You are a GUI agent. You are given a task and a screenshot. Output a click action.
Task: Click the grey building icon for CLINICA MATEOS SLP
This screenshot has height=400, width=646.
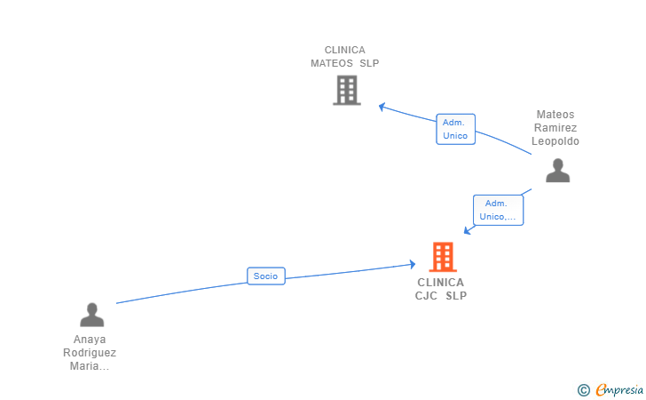tap(347, 90)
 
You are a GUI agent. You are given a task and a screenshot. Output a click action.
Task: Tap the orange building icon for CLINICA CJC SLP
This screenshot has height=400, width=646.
tap(442, 257)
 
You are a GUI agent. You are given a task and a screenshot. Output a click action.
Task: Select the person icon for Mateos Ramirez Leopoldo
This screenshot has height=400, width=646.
tap(557, 170)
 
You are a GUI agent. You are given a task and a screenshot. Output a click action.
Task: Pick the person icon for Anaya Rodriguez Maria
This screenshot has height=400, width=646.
tap(91, 315)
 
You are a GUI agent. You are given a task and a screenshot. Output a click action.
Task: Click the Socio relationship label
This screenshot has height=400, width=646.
tap(265, 276)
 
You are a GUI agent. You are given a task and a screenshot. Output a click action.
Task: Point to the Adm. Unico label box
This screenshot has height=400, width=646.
tap(455, 129)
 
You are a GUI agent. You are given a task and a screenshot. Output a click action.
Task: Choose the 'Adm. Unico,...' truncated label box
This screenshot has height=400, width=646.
tap(498, 210)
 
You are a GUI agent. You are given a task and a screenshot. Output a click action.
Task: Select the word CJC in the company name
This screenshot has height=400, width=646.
tap(427, 296)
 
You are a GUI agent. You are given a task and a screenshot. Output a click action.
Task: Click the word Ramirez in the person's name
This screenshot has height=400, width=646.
tap(556, 128)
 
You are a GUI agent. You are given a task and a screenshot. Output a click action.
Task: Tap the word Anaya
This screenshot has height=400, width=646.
tap(90, 340)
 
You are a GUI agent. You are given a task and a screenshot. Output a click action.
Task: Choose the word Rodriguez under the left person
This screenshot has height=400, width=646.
tap(90, 353)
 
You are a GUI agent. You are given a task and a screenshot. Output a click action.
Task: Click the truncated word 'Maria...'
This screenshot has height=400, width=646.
tap(90, 366)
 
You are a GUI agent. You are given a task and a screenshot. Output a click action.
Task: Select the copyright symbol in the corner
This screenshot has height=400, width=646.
tap(583, 389)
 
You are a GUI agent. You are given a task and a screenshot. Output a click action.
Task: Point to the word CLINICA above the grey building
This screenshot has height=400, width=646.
tap(345, 51)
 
